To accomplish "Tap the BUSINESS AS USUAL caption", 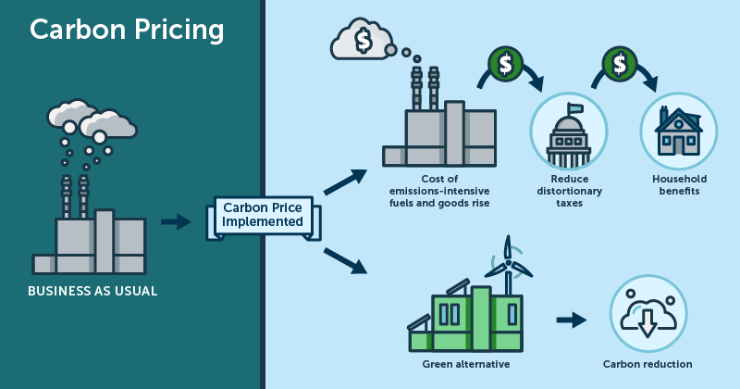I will click(x=92, y=291).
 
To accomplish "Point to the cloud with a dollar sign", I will click(x=362, y=41).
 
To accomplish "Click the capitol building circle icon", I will click(x=567, y=132).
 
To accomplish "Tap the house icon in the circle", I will click(x=678, y=131).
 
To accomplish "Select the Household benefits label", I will click(x=679, y=185).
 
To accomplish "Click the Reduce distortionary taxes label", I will click(x=568, y=191).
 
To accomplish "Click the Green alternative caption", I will click(x=465, y=364).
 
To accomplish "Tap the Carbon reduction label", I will click(x=647, y=364).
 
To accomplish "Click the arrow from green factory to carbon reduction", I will click(x=572, y=320).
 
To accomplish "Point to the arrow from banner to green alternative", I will click(x=344, y=259).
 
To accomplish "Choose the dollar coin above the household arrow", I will click(x=619, y=63).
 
